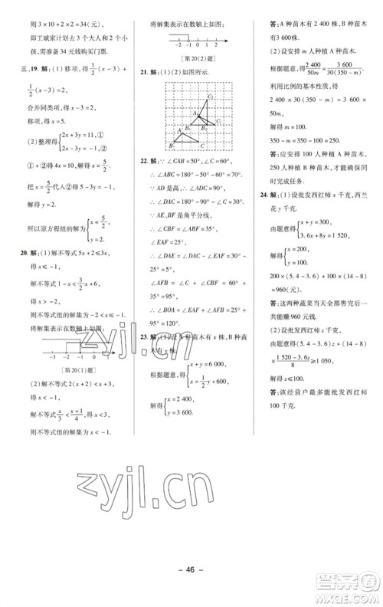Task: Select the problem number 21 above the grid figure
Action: coord(143,71)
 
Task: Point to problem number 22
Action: coord(143,162)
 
